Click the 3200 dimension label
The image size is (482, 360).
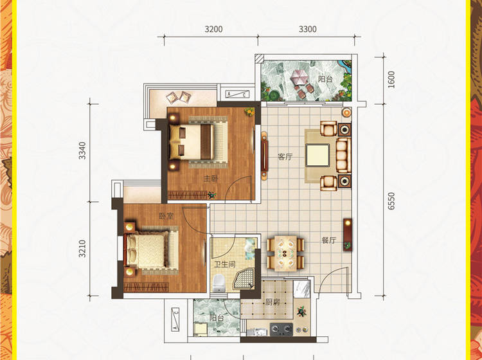click(213, 30)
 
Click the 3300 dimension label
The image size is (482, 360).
click(308, 30)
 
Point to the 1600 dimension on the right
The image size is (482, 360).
click(391, 80)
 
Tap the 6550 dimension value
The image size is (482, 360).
click(391, 201)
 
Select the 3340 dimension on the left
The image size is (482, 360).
click(82, 150)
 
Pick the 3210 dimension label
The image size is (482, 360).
click(82, 248)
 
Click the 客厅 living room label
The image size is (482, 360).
click(285, 157)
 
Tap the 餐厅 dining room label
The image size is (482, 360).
click(328, 240)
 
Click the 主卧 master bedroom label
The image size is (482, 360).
click(211, 179)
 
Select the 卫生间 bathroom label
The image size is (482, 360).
click(225, 264)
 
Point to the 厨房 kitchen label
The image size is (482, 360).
click(272, 302)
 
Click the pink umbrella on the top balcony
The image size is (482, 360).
click(298, 77)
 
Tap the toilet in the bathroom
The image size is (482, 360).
click(219, 283)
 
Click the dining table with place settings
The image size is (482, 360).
click(285, 254)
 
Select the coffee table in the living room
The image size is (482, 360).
click(317, 156)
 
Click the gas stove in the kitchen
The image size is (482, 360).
click(281, 329)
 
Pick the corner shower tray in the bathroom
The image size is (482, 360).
click(244, 278)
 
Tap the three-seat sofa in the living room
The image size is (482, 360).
click(343, 156)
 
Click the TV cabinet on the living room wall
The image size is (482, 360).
click(264, 156)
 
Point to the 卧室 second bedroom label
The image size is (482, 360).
click(166, 217)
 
